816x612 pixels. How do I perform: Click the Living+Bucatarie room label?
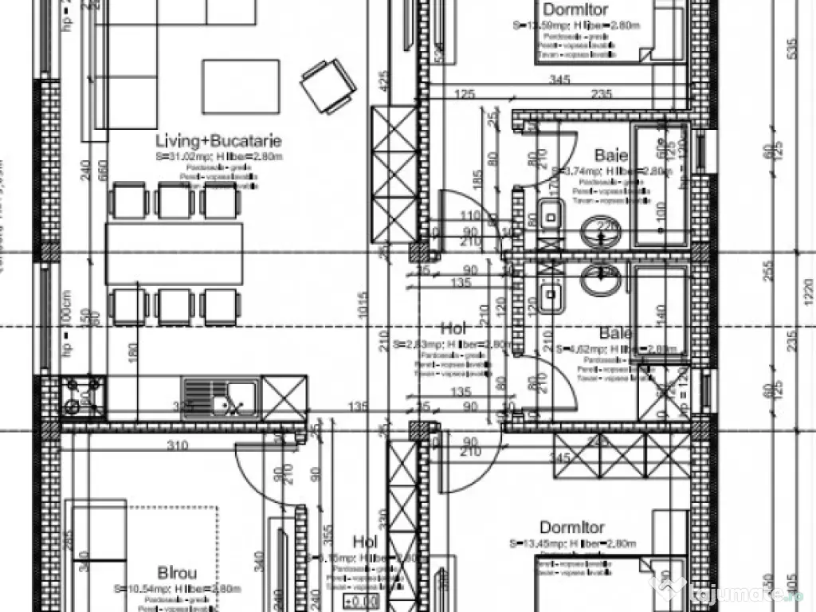(x=218, y=141)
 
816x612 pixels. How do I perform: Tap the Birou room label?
(x=177, y=572)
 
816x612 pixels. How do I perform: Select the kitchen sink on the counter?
(x=218, y=396)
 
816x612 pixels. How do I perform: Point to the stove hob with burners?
(x=83, y=396)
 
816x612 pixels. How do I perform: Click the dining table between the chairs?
(x=175, y=253)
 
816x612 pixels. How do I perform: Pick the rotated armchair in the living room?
(x=326, y=87)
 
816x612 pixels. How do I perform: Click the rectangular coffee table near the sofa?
(x=241, y=87)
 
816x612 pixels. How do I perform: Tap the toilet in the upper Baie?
(x=550, y=214)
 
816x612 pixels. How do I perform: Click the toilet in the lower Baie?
(x=550, y=296)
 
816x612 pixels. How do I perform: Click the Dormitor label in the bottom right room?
(x=571, y=528)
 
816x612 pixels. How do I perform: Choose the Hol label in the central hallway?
(x=452, y=328)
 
